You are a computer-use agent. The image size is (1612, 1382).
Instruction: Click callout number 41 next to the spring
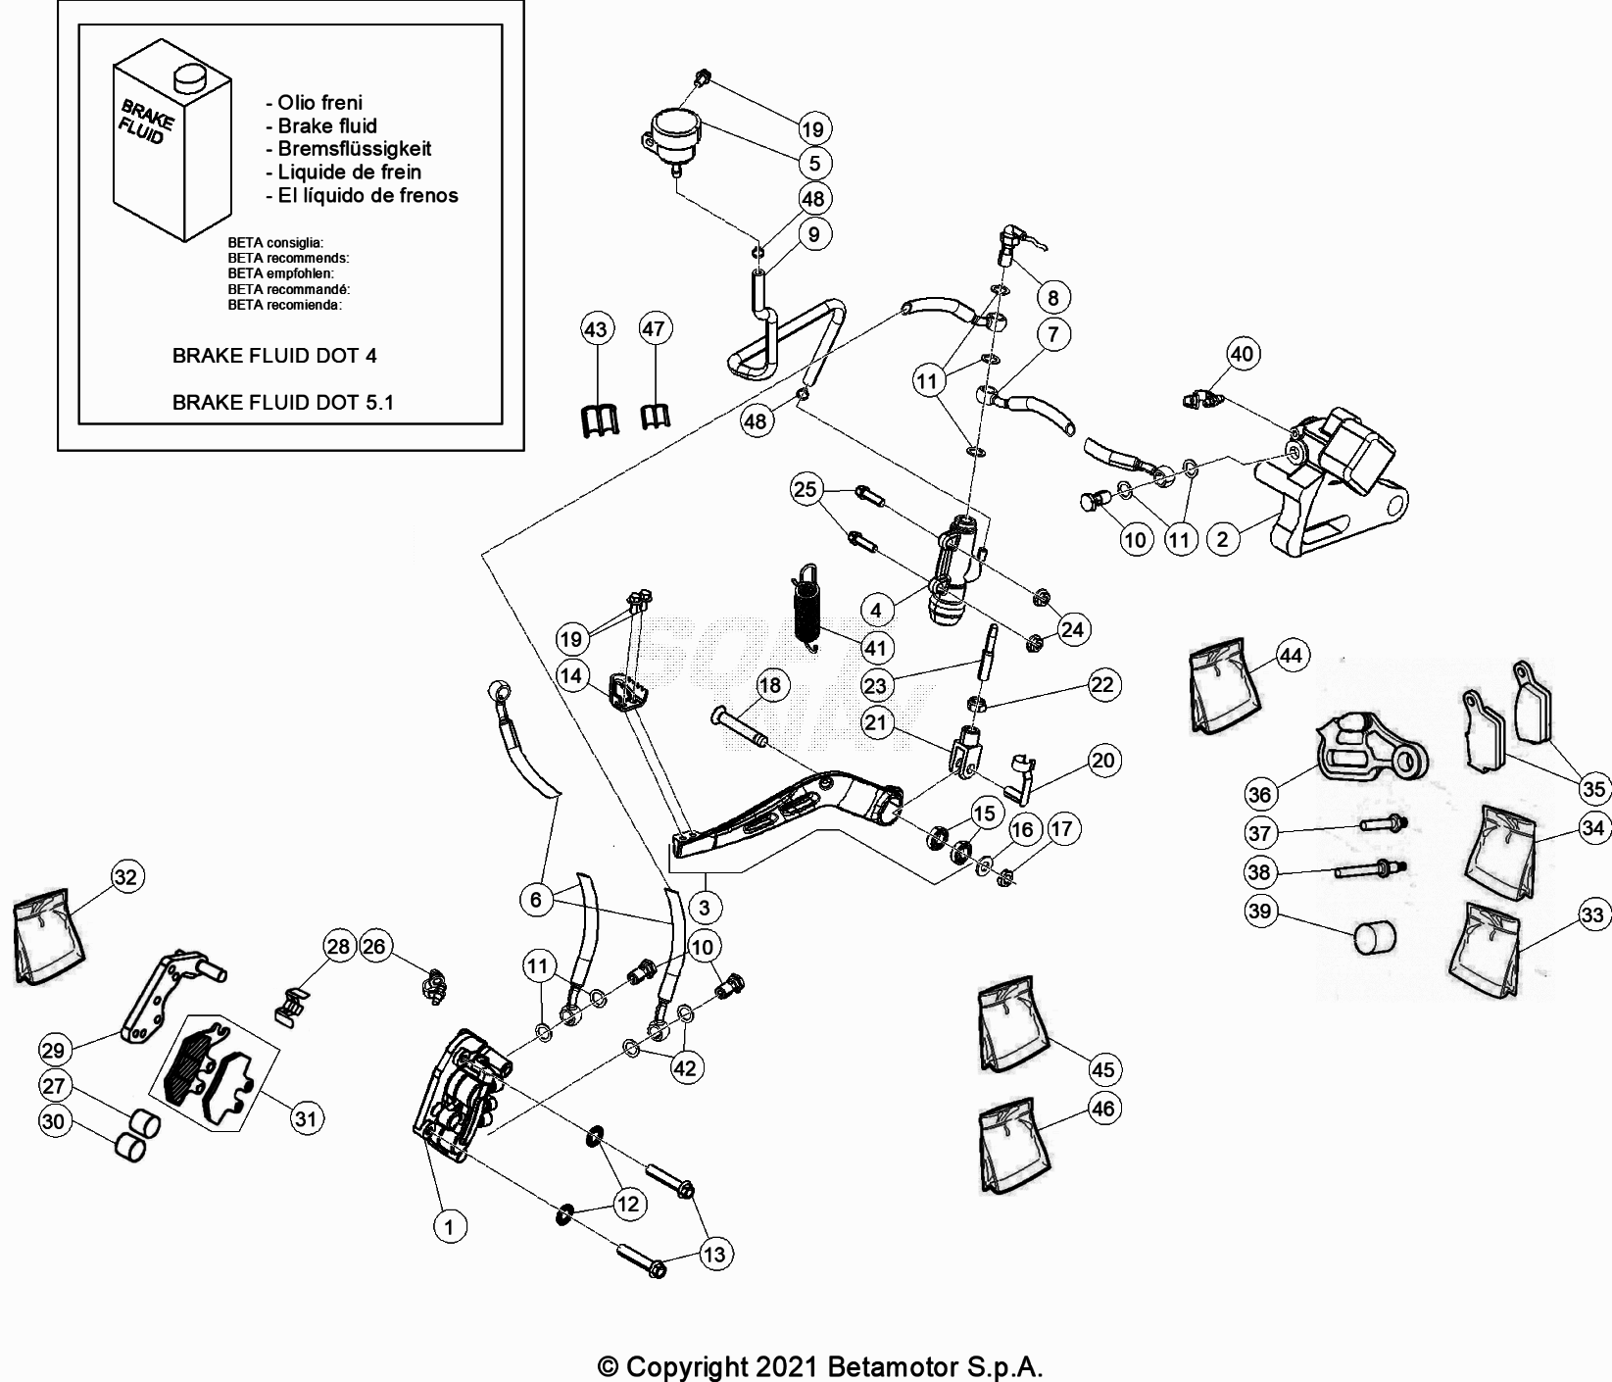tap(874, 648)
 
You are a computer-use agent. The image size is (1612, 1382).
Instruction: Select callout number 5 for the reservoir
tap(814, 163)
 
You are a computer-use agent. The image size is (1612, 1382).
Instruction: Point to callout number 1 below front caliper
tap(450, 1226)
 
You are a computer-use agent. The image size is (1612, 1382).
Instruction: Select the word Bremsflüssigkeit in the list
tap(354, 149)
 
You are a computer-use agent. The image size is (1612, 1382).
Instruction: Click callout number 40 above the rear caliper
tap(1242, 354)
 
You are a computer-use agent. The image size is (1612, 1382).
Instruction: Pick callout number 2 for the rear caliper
tap(1222, 539)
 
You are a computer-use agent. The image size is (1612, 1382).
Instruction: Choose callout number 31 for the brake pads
tap(308, 1118)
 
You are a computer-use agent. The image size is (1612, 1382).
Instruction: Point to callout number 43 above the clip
tap(596, 328)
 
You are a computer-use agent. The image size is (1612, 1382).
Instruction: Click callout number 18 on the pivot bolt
tap(771, 685)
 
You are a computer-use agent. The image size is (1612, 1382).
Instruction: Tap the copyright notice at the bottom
tap(819, 1365)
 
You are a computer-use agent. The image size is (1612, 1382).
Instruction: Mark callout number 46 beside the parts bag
tap(1103, 1109)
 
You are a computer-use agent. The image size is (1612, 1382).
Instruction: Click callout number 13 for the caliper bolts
tap(715, 1254)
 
